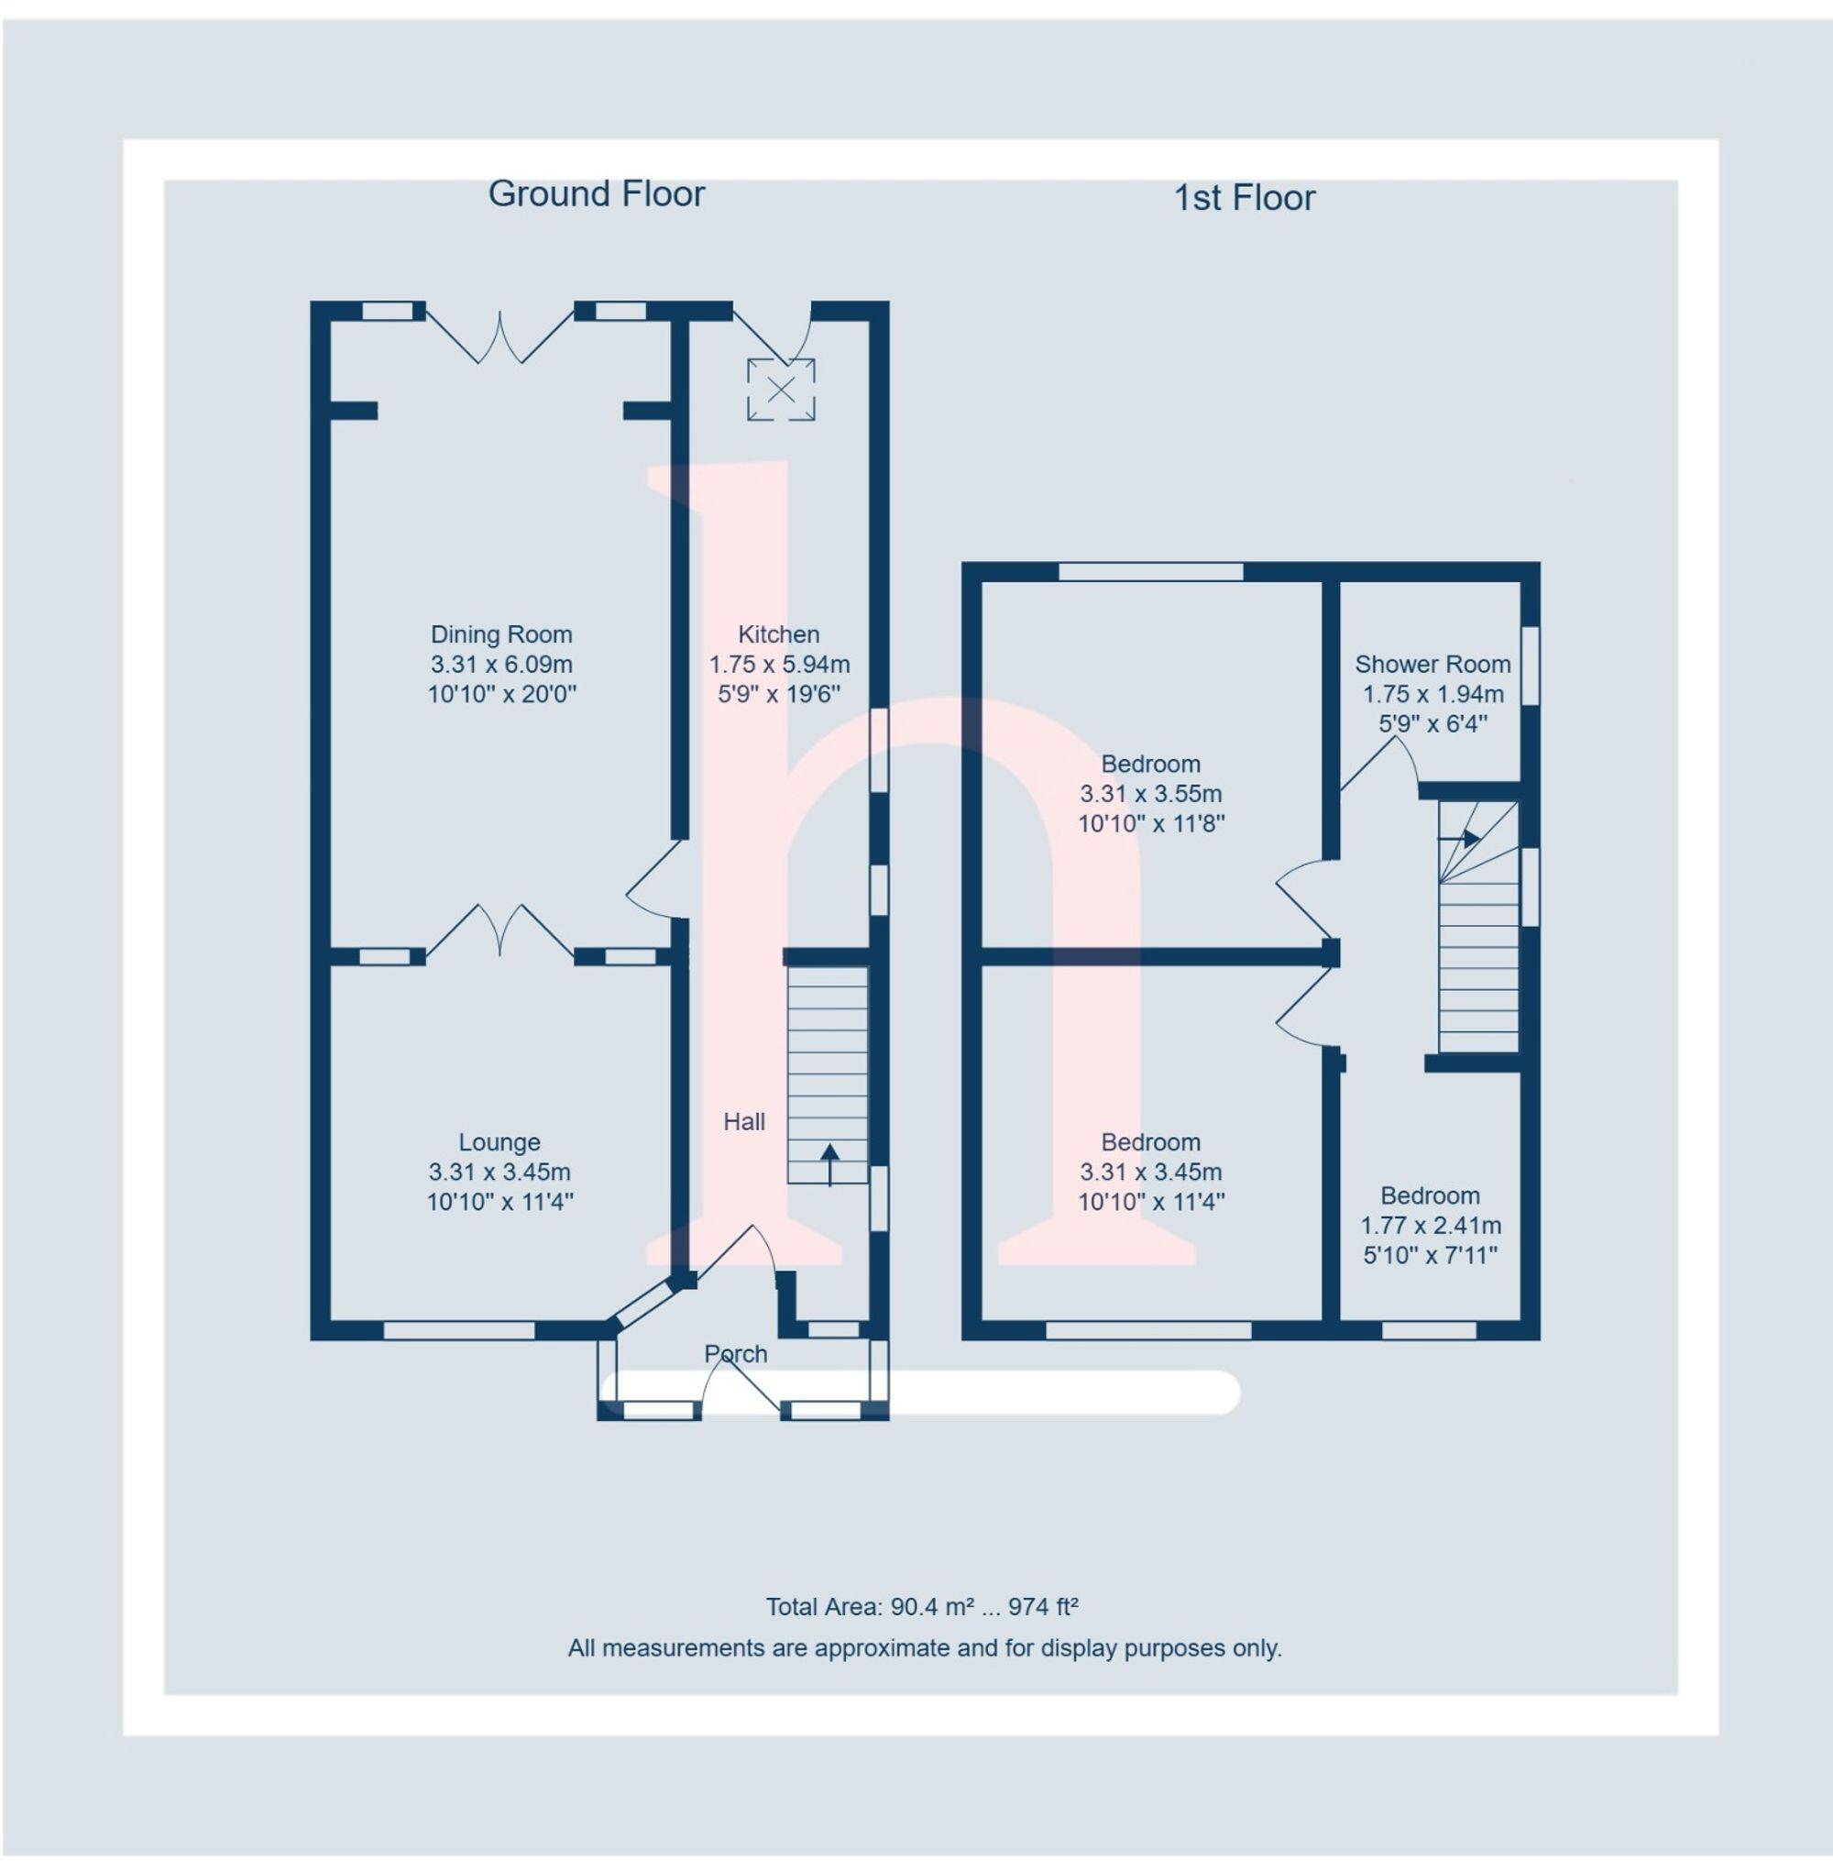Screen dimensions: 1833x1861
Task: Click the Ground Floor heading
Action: pos(596,194)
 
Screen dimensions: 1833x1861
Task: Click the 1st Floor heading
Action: pos(1244,198)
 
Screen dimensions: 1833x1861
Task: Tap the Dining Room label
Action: pos(500,634)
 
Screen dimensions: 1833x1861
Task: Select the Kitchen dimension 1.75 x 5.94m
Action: pos(779,665)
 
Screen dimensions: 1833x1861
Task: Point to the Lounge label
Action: pos(499,1142)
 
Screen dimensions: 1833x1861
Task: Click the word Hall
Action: pos(744,1121)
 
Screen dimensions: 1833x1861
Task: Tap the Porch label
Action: pos(736,1354)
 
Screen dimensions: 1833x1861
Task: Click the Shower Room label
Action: pos(1432,665)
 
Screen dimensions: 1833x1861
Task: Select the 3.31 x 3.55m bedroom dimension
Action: pos(1150,794)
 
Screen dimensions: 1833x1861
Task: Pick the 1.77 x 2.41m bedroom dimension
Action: pos(1430,1226)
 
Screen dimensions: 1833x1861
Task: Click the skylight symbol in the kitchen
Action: pos(781,390)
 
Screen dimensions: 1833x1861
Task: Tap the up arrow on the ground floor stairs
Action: pos(829,1160)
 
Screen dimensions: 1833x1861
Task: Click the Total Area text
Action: pos(921,1607)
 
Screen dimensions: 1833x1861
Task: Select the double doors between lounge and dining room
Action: pos(500,932)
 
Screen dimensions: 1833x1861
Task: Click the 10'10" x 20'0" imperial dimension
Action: pos(500,694)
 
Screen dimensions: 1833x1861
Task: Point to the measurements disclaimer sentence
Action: pos(924,1648)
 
